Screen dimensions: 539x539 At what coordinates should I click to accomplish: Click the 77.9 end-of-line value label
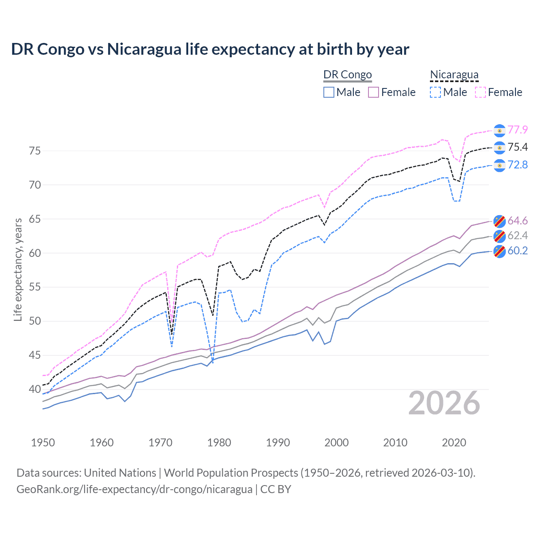(518, 130)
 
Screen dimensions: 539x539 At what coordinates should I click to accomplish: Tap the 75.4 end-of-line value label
(518, 147)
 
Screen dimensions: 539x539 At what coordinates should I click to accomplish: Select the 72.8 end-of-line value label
(518, 165)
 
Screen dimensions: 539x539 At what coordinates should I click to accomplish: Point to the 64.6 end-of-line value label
(518, 221)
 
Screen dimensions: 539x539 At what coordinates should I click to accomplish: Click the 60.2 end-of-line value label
(518, 251)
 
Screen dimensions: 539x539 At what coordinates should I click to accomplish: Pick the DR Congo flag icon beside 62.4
(499, 236)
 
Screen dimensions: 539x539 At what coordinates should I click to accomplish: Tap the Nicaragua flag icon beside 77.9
(499, 131)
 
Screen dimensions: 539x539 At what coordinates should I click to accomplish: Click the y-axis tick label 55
(35, 287)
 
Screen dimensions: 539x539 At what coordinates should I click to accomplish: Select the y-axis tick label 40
(35, 390)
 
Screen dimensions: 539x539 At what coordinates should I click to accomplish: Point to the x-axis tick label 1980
(219, 443)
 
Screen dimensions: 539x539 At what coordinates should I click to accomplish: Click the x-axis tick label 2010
(395, 443)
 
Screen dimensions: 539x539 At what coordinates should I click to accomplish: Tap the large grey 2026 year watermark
(444, 403)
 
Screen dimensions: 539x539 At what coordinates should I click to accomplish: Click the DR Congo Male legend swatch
(329, 92)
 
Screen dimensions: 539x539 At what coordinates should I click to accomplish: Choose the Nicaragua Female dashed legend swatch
(480, 92)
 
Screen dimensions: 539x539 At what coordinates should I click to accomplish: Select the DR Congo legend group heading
(347, 75)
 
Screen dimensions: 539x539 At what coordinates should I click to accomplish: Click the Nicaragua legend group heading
(454, 75)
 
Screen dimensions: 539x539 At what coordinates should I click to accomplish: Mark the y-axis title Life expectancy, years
(18, 269)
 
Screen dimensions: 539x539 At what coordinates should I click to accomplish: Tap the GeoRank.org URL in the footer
(134, 489)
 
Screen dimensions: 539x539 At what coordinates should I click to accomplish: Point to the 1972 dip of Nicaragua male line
(172, 347)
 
